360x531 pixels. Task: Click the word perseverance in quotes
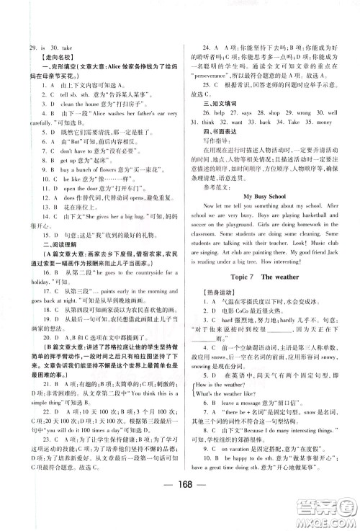coord(229,94)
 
